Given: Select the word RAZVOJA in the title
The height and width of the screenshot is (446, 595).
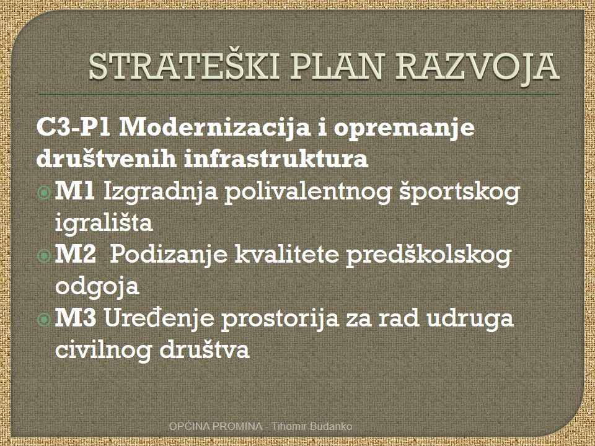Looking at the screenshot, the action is pyautogui.click(x=477, y=68).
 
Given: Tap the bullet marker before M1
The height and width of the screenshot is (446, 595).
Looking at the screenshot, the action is pyautogui.click(x=44, y=193).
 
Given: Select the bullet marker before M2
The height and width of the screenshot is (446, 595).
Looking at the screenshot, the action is pyautogui.click(x=44, y=256).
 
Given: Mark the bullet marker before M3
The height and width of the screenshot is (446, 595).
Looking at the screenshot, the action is pyautogui.click(x=44, y=320).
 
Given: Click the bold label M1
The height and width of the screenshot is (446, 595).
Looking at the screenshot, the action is pyautogui.click(x=75, y=191).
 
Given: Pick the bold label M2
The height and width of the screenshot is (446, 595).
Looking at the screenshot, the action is pyautogui.click(x=76, y=254).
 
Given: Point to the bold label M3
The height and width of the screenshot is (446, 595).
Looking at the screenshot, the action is pyautogui.click(x=76, y=317).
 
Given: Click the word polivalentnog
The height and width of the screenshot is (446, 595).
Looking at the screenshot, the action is pyautogui.click(x=308, y=192).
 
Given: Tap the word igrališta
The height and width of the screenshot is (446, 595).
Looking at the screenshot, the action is pyautogui.click(x=104, y=222).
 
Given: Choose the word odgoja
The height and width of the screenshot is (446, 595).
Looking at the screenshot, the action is pyautogui.click(x=97, y=287).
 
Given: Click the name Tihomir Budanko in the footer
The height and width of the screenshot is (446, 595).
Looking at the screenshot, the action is pyautogui.click(x=312, y=426).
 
